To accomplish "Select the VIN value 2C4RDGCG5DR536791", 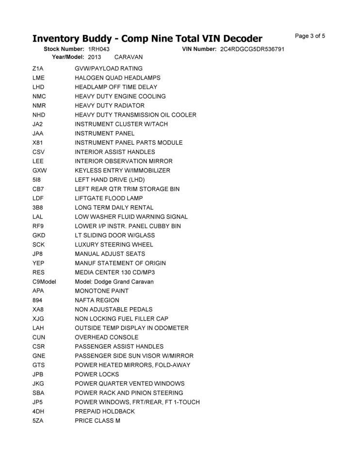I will click(252, 50).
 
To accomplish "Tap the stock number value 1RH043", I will click(99, 50).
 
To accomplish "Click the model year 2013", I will click(95, 57).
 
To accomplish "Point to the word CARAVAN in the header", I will click(128, 57).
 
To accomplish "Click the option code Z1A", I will click(38, 68).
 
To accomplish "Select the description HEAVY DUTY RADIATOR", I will click(109, 105).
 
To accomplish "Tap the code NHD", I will click(39, 115).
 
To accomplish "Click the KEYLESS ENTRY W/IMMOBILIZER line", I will click(122, 170).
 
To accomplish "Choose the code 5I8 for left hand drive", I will click(36, 180).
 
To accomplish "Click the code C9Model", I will click(44, 282).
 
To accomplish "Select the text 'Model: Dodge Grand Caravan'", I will click(114, 282).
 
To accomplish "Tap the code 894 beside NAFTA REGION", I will click(37, 300).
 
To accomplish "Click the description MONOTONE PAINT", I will click(101, 291).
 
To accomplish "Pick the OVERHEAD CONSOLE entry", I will click(106, 337).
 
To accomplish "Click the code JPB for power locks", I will click(38, 374).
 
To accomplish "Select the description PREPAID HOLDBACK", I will click(105, 411).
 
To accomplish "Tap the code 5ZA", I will click(38, 420).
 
